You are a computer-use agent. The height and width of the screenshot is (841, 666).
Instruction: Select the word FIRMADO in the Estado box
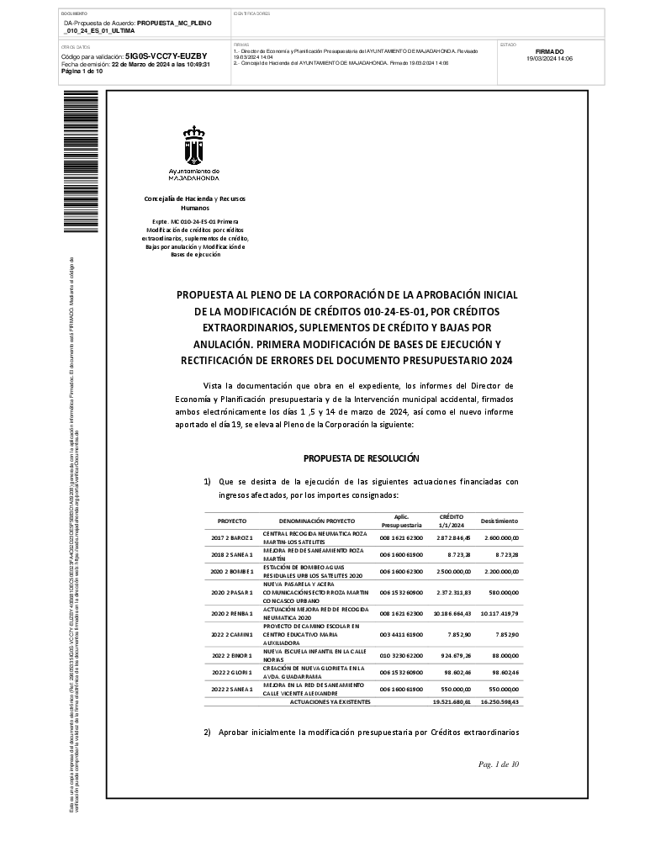point(549,51)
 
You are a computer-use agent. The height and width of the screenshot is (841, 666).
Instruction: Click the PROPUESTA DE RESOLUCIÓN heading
point(361,458)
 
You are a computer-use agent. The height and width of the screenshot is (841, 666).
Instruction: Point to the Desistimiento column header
point(499,521)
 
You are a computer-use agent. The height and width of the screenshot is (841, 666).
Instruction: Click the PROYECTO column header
point(232,521)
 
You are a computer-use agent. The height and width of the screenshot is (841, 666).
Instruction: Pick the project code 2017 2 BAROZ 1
point(232,537)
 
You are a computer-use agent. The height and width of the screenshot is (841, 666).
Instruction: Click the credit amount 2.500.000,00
point(452,570)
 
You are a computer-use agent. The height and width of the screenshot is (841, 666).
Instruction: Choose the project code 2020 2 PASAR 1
point(232,592)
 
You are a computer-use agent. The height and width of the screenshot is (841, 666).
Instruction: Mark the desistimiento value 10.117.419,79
point(499,614)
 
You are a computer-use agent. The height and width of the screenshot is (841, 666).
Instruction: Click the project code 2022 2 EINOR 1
point(232,653)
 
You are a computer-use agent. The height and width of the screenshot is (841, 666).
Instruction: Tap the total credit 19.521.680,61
point(451,701)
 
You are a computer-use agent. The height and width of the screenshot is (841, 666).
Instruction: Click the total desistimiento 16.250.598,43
point(499,701)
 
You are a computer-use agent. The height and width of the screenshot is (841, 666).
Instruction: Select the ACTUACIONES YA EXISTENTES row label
point(336,701)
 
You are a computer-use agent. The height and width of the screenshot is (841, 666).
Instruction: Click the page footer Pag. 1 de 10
point(498,764)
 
